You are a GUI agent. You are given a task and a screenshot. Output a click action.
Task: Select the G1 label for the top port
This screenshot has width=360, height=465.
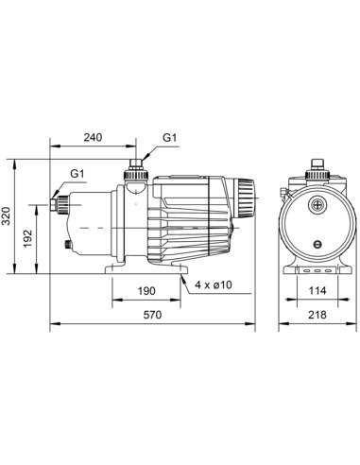point(170,138)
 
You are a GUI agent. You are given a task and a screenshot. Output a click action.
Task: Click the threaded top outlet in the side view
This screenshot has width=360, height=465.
point(134,169)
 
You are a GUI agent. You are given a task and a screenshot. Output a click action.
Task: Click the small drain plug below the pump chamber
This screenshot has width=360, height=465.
point(68,248)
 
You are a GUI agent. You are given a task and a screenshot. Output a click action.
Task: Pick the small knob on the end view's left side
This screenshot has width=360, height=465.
point(281,197)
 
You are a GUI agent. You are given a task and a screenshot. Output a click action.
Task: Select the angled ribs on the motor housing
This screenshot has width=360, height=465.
point(194,222)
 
